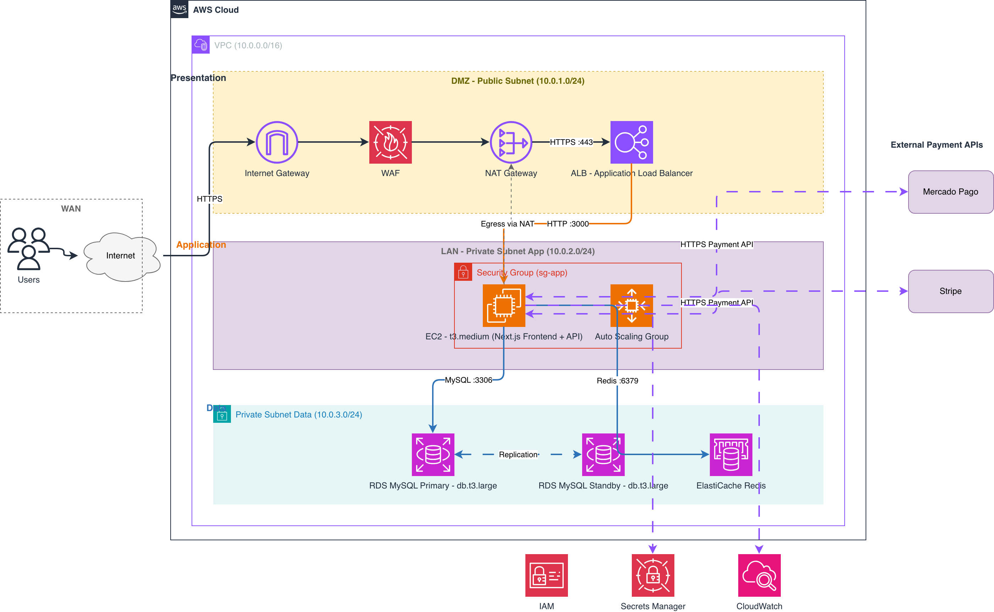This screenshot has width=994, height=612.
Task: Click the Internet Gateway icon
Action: tap(277, 142)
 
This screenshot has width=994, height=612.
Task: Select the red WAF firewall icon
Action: tap(390, 142)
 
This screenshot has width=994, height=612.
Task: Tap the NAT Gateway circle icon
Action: tap(511, 142)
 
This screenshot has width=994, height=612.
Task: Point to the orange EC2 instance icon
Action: tap(504, 306)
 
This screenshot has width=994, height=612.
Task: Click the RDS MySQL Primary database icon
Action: tap(433, 454)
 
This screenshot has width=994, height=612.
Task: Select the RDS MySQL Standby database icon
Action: tap(603, 454)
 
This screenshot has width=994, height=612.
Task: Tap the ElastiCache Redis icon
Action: tap(731, 454)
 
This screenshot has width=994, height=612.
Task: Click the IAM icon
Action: tap(546, 575)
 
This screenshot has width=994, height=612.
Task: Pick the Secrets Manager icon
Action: tap(653, 575)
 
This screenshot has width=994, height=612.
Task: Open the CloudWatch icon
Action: tap(760, 575)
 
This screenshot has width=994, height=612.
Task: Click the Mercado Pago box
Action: tap(951, 192)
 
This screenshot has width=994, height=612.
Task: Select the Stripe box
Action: tap(951, 291)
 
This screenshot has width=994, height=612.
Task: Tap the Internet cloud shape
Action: tap(121, 256)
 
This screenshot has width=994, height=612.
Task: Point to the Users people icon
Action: tap(29, 248)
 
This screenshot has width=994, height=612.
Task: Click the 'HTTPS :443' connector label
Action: tap(571, 142)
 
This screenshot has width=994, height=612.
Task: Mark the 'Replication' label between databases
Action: tap(518, 454)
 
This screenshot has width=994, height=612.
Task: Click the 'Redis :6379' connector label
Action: tap(618, 381)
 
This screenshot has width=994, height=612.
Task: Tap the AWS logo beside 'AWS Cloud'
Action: tap(180, 9)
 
